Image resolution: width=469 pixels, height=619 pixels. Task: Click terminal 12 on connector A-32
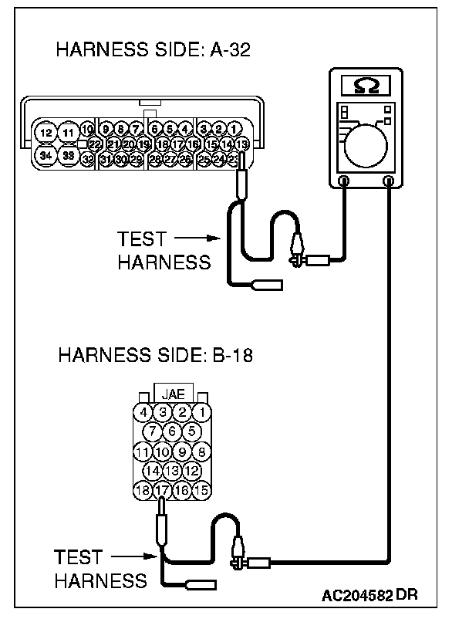pos(47,133)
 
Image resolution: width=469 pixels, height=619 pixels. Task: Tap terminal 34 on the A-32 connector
pos(47,154)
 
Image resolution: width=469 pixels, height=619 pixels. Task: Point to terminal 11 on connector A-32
pos(69,133)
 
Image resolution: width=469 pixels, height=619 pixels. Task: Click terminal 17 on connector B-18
pos(161,489)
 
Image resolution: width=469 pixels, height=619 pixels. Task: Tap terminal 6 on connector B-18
pos(171,431)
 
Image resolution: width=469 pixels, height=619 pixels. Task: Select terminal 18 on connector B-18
pos(141,489)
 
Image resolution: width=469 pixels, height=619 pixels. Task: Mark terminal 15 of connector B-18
pos(201,489)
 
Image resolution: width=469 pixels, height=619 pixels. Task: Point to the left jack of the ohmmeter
pos(344,181)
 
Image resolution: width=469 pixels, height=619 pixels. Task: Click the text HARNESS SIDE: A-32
pos(154,51)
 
